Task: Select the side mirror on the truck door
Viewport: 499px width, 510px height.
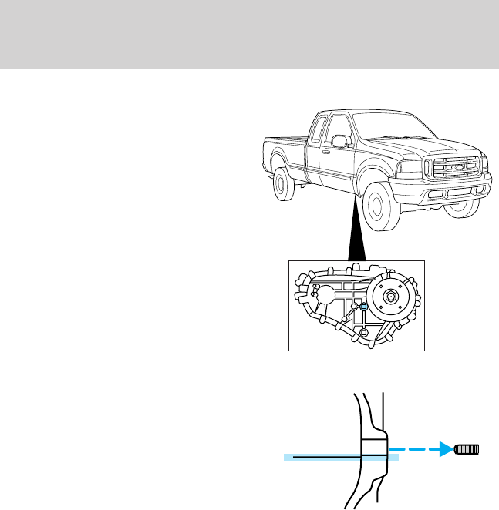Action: (x=339, y=141)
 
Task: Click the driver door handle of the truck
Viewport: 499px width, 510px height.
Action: (x=326, y=151)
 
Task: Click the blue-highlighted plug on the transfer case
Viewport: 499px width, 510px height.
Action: (x=362, y=306)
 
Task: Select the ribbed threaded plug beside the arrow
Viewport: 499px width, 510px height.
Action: (x=467, y=449)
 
